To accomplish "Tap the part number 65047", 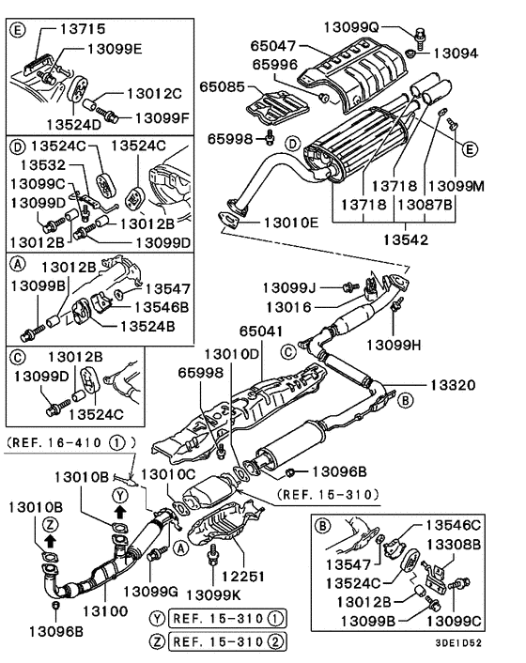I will tap(275, 44).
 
